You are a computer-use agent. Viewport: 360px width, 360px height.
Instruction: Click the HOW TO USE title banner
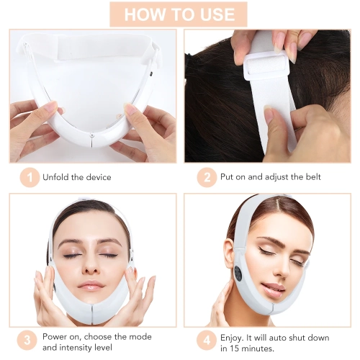pos(179,14)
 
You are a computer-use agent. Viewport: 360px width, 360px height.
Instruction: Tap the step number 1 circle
pos(30,176)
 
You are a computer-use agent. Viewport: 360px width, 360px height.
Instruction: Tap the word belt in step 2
pos(310,177)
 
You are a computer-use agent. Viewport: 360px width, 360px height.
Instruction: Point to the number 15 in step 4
pos(231,348)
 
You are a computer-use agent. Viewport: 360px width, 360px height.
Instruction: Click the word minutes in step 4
pos(260,348)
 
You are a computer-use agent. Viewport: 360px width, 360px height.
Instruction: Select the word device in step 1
pos(97,177)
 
